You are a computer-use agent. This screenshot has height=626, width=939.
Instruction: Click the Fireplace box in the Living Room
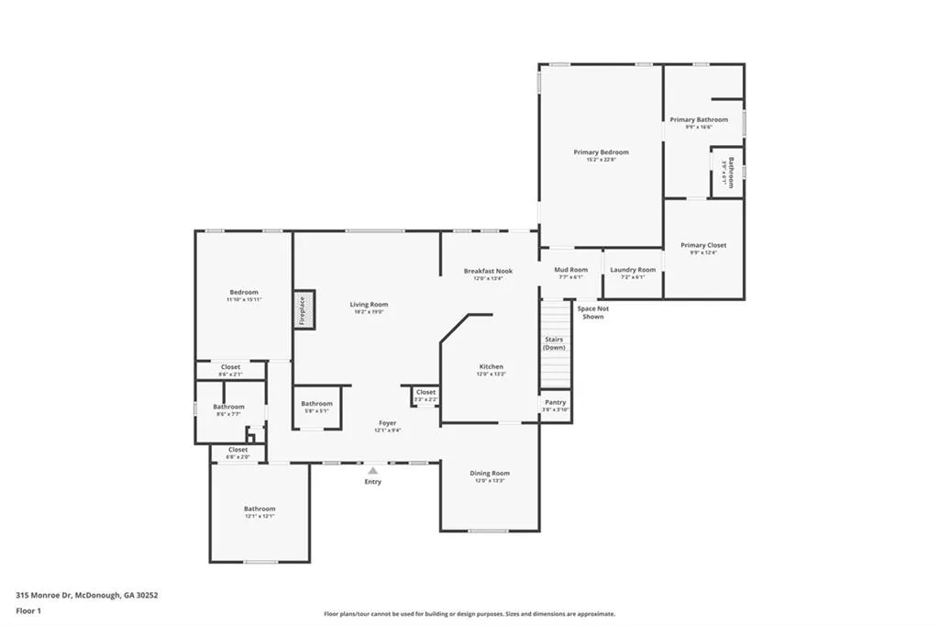coord(304,309)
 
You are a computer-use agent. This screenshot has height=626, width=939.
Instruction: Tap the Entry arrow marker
coord(372,471)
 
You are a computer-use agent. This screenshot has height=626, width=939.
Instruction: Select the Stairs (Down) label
coord(554,343)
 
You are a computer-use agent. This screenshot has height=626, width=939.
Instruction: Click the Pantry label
coord(555,402)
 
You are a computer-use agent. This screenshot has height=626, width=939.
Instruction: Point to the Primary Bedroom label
coord(601,151)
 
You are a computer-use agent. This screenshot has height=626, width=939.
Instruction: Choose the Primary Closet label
coord(703,245)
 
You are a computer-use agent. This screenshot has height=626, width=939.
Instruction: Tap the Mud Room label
coord(570,270)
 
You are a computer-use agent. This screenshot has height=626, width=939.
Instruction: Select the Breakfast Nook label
coord(488,271)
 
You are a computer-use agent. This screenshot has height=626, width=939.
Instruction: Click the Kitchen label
coord(491,366)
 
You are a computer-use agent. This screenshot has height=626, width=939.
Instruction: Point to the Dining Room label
coord(490,473)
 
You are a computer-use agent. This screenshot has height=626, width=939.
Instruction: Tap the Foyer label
coord(388,423)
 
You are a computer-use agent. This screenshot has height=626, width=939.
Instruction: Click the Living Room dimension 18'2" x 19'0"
coord(369,312)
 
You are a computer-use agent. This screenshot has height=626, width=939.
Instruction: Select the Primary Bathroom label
coord(699,119)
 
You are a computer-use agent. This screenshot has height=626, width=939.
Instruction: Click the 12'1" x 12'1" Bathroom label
coord(260,516)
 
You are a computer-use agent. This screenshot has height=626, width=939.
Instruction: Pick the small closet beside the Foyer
coord(425,395)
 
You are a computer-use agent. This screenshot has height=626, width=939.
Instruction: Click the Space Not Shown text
coord(592,312)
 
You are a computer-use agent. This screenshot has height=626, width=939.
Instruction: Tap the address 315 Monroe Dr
coord(87,595)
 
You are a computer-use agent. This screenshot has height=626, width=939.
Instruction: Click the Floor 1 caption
coord(28,609)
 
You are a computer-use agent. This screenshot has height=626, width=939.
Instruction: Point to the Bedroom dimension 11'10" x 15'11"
coord(244,299)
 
